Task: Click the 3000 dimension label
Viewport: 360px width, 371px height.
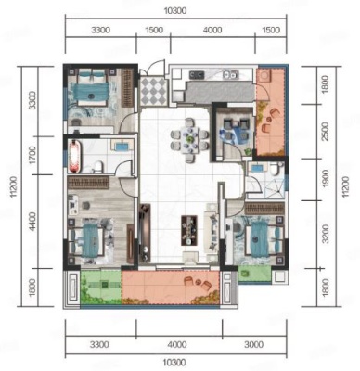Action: [253, 344]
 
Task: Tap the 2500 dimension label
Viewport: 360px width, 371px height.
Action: [325, 132]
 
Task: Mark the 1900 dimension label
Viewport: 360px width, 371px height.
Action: [325, 180]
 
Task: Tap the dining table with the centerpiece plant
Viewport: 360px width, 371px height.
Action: [189, 140]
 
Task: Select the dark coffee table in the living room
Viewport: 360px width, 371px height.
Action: [189, 230]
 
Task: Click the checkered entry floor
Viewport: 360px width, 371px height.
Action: [152, 91]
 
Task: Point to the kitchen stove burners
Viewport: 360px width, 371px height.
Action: [197, 74]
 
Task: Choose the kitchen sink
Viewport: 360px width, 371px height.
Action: [231, 74]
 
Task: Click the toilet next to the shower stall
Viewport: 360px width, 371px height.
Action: [275, 170]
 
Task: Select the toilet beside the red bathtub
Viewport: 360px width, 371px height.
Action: [97, 167]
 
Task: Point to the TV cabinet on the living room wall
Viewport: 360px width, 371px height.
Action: [145, 235]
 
